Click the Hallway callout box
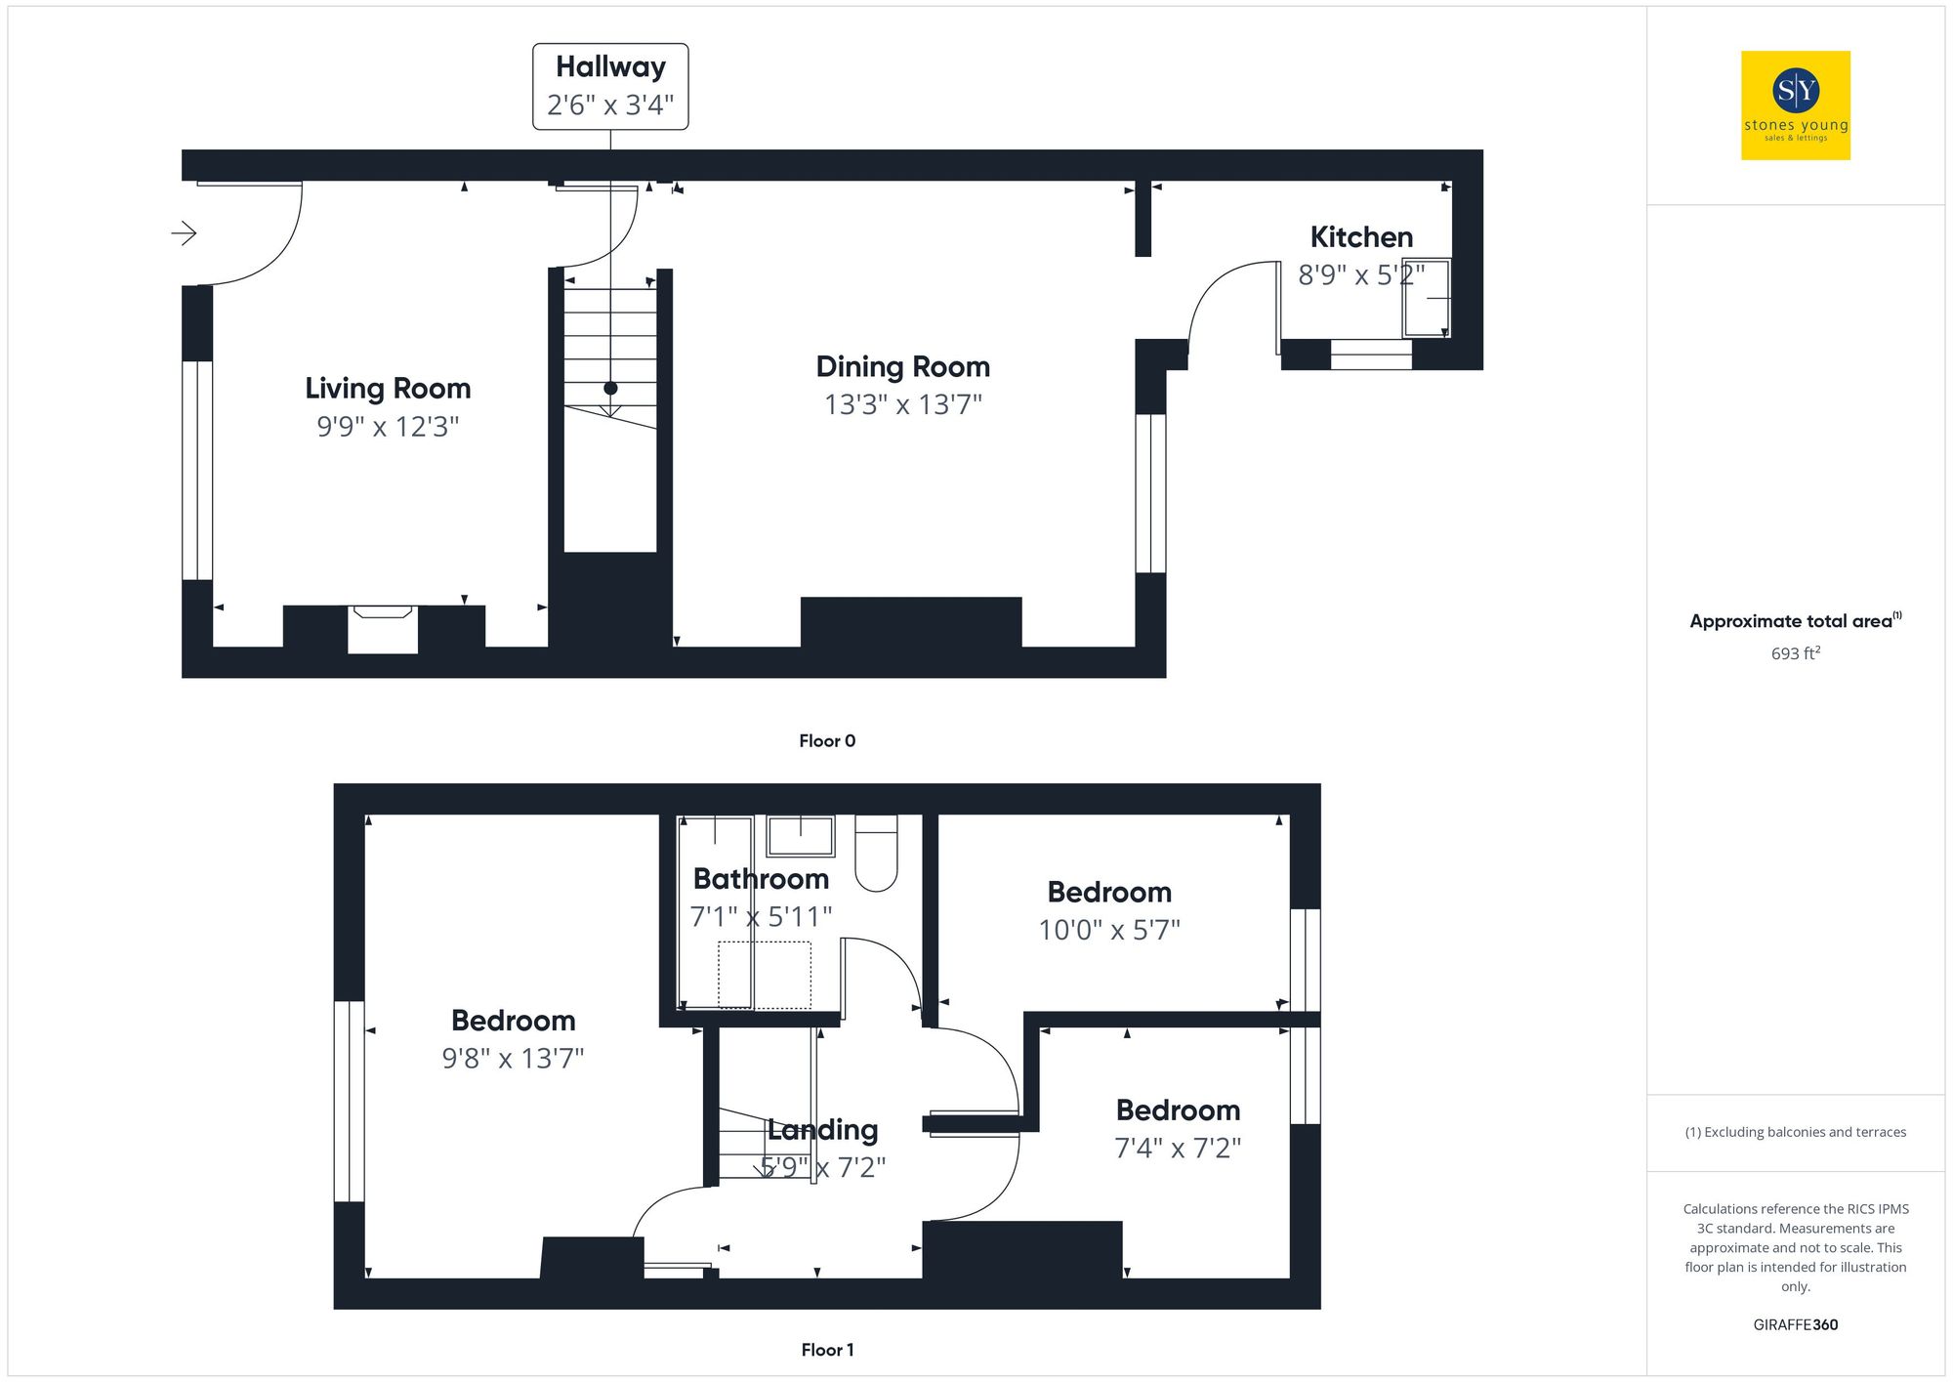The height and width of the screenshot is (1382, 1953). (610, 86)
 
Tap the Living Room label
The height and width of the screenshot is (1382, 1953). (388, 388)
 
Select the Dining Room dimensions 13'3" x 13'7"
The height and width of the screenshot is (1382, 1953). (902, 404)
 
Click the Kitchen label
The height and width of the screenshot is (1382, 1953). (1361, 237)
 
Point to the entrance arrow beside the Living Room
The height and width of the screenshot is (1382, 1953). (184, 232)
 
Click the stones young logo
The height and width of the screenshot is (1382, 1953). (1796, 105)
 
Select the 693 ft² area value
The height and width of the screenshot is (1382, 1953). (1795, 653)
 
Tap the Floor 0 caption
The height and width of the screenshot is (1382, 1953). (827, 741)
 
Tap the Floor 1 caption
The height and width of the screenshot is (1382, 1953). (827, 1350)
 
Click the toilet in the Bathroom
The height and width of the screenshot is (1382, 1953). (876, 854)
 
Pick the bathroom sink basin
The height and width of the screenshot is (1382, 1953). (801, 836)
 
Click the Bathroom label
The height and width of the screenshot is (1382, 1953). (761, 879)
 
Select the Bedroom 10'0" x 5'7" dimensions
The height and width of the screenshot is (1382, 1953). (1109, 930)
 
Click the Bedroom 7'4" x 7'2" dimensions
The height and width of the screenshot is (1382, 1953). (1178, 1148)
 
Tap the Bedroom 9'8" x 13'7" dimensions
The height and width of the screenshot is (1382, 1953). (513, 1059)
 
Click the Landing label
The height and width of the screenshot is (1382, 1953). (822, 1130)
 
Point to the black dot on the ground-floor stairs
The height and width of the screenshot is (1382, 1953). (610, 388)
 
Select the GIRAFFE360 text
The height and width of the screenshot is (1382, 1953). (1795, 1325)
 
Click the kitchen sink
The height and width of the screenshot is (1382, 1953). (1427, 298)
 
